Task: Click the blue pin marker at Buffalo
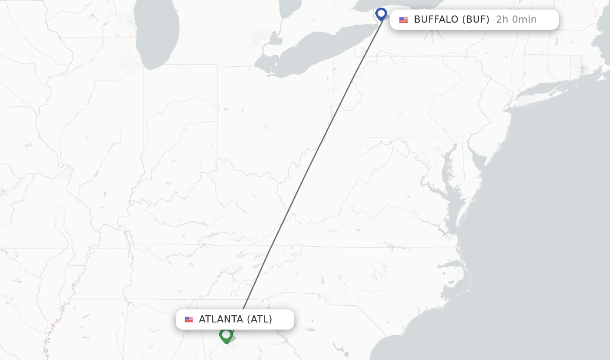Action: click(x=381, y=14)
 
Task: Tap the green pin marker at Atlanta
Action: click(x=226, y=335)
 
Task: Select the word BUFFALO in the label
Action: click(x=436, y=20)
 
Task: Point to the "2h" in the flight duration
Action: click(x=502, y=20)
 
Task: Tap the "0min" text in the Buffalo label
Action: click(x=524, y=20)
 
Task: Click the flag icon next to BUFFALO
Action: click(x=404, y=20)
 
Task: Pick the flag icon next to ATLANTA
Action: click(x=189, y=319)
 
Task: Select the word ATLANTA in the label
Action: click(x=220, y=319)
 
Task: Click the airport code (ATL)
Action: click(x=259, y=319)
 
